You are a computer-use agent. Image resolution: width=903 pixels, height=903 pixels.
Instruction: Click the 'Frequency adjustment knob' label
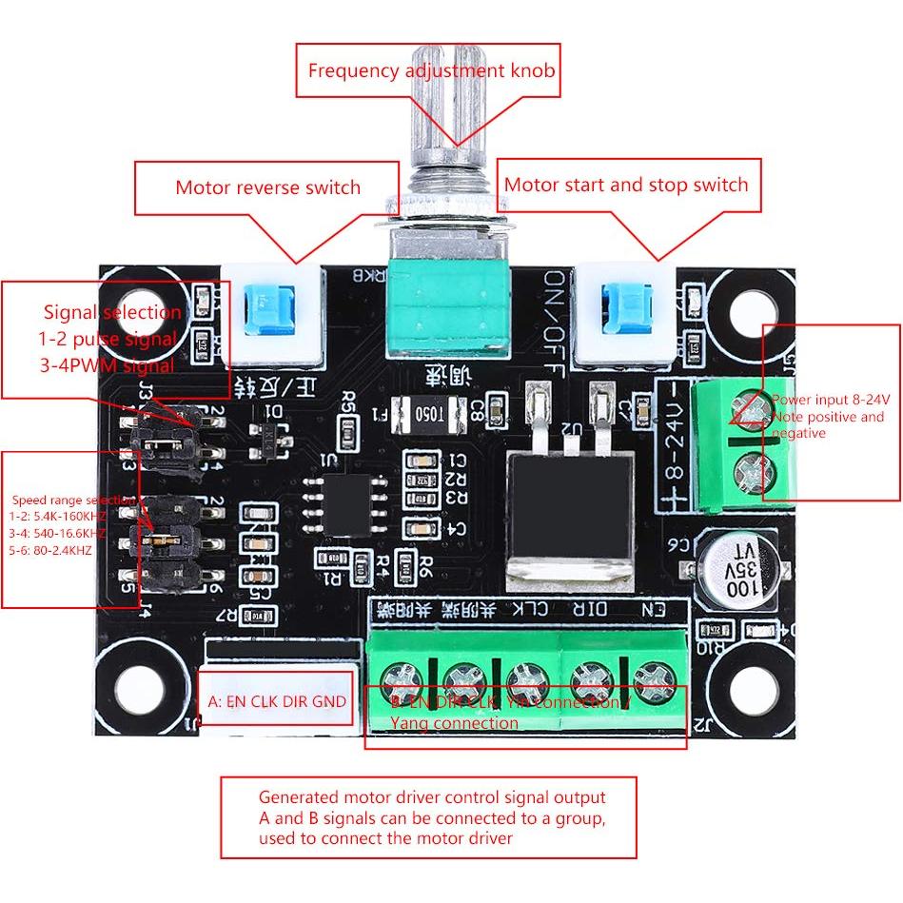coord(431,70)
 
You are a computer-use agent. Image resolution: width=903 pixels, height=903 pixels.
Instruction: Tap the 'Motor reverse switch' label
coord(267,186)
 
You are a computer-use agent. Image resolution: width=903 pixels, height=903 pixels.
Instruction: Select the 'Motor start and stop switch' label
coord(626,185)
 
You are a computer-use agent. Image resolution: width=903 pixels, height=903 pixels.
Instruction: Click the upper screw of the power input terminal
coord(750,410)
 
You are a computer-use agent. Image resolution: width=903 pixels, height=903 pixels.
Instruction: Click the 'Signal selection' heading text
coord(112,312)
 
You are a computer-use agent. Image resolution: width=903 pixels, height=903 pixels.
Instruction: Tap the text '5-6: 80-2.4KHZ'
coord(52,549)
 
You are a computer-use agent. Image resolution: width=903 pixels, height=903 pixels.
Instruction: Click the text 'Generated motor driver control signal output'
coord(432,797)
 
